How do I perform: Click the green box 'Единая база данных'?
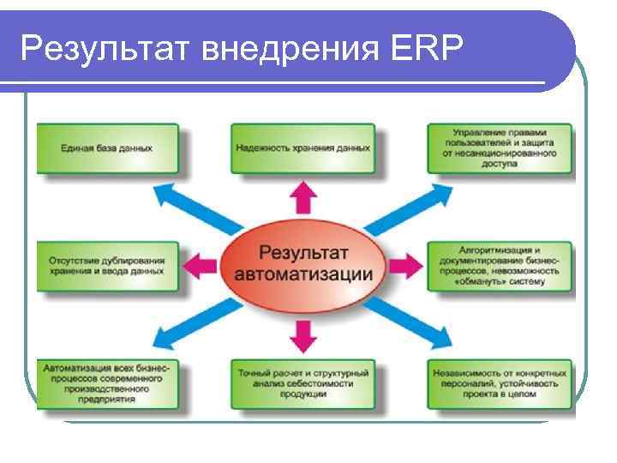(x=107, y=148)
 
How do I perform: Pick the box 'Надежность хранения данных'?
(x=303, y=148)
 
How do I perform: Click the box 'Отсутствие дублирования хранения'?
(x=107, y=265)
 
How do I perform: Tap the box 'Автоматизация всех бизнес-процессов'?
(x=107, y=383)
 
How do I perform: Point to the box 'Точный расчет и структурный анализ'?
(x=303, y=383)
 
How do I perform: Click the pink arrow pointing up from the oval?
(x=302, y=199)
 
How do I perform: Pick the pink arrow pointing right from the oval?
(x=403, y=265)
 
